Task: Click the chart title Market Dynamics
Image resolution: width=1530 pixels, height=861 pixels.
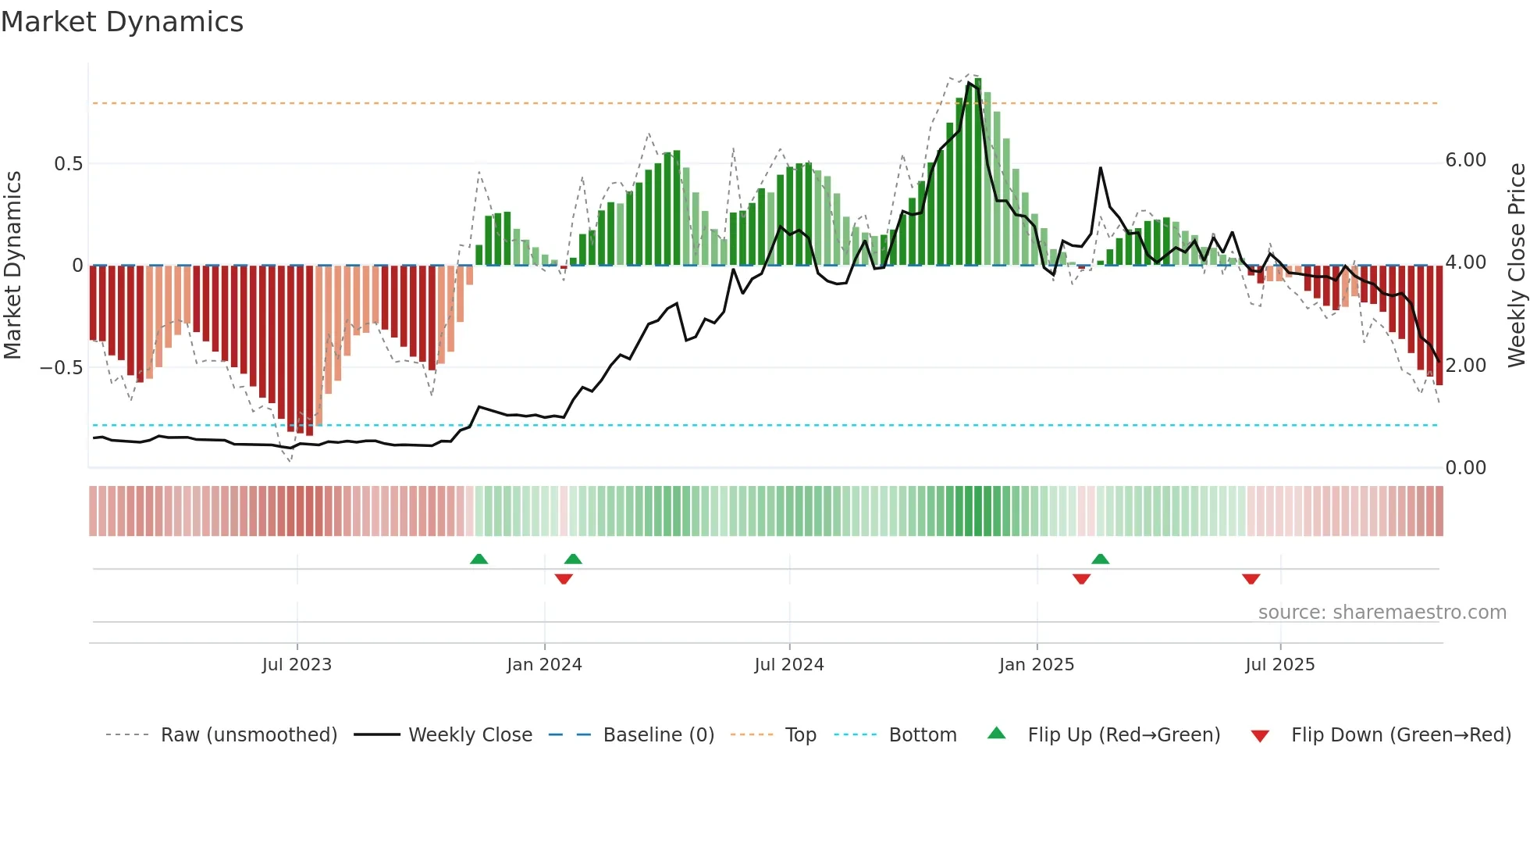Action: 122,22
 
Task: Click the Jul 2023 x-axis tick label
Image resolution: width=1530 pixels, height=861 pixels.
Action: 297,665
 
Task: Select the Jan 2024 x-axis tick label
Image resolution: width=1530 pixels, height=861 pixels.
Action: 544,665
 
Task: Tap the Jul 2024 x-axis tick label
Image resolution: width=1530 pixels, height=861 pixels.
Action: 789,665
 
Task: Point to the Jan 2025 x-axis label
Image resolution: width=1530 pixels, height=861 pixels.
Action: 1037,665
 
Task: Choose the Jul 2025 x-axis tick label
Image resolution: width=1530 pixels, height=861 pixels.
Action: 1280,665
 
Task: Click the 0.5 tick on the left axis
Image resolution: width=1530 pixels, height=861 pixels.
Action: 68,164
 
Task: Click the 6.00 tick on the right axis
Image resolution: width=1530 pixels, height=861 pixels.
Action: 1465,160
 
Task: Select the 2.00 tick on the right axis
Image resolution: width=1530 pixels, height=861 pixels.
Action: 1465,366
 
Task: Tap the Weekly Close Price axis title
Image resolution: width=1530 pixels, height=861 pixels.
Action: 1516,266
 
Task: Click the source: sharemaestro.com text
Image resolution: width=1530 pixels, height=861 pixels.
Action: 1382,613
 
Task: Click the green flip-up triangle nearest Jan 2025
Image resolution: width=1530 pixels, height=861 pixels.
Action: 1100,559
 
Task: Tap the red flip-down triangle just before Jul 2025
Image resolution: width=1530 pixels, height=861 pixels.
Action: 1251,579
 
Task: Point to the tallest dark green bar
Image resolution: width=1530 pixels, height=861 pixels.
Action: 978,172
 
